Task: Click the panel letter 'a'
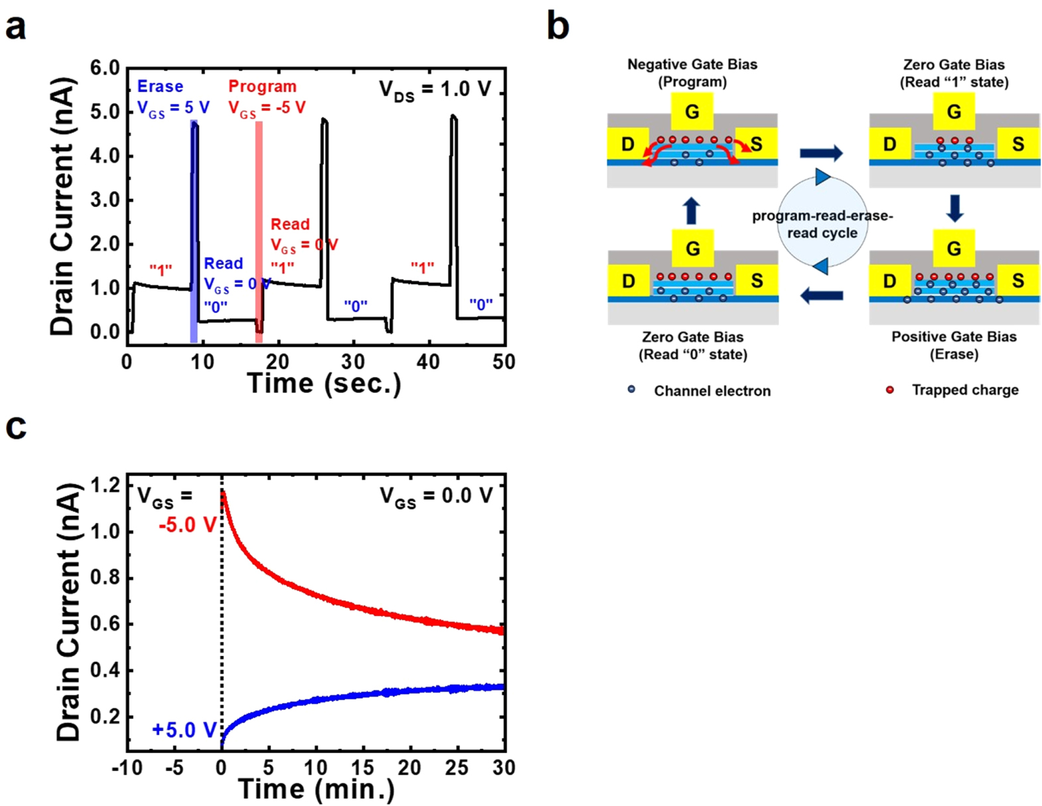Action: [15, 28]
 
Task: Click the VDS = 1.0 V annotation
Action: [435, 90]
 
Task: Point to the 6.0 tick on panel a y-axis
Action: [105, 68]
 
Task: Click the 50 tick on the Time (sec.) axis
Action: [504, 362]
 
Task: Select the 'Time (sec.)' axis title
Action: [324, 384]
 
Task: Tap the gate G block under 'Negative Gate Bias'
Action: [692, 112]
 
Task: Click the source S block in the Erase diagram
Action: [1017, 281]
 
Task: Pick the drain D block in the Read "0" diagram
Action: [628, 282]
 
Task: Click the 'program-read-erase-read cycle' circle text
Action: [822, 224]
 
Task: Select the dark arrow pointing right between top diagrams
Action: [821, 154]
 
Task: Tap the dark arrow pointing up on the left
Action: [691, 210]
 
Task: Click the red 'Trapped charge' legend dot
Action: [889, 390]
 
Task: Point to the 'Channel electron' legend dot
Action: [631, 390]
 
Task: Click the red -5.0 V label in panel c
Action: [187, 525]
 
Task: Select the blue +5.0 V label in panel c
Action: [184, 730]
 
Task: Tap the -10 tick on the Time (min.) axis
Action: [127, 768]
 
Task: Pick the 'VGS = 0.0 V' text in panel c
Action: [436, 497]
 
